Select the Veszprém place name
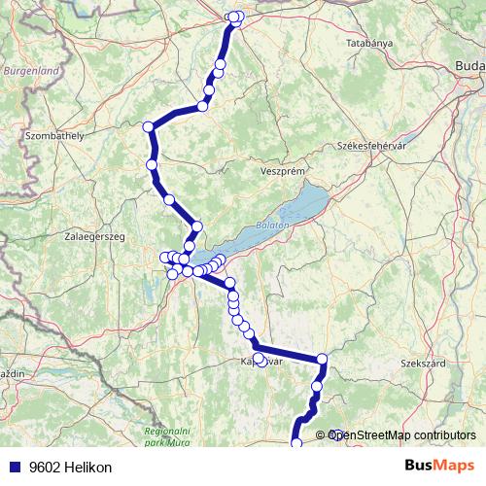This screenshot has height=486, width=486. click(284, 171)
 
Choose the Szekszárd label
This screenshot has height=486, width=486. click(423, 364)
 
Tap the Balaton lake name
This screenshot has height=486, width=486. click(274, 226)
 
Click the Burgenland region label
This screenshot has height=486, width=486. click(30, 71)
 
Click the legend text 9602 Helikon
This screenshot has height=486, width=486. click(70, 468)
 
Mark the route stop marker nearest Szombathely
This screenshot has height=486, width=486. click(149, 127)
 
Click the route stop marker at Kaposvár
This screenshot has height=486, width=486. click(260, 361)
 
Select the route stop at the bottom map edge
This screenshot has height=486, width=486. click(296, 444)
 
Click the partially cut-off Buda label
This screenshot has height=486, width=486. click(469, 65)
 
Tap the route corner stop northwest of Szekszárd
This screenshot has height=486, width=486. click(322, 362)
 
